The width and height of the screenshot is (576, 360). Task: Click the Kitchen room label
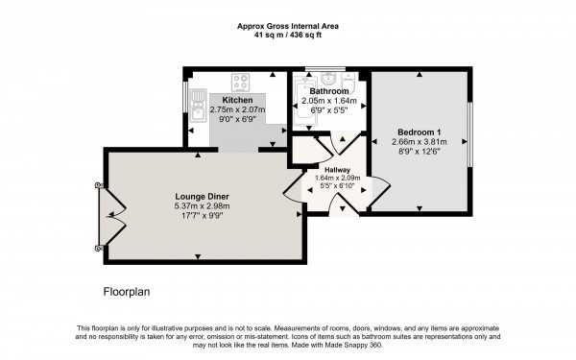[237, 100]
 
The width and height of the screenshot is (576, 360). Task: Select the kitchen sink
[198, 99]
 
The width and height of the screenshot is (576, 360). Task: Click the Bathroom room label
[329, 90]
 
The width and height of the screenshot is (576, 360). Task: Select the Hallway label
[336, 169]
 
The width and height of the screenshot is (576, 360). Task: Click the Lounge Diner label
[196, 197]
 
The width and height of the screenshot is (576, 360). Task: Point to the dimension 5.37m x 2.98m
[196, 207]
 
